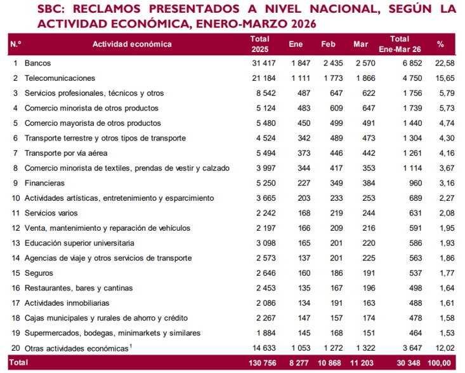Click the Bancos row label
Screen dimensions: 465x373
click(37, 64)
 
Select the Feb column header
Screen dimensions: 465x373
click(328, 44)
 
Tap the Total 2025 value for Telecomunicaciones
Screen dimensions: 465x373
click(264, 78)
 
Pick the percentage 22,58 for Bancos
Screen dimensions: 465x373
click(445, 64)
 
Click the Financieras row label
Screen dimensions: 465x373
click(44, 183)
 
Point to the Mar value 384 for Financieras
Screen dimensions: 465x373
click(369, 183)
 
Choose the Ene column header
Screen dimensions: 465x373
click(296, 44)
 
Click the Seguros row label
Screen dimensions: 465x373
click(39, 273)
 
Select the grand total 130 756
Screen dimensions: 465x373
click(263, 363)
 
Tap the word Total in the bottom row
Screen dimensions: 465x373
click(18, 363)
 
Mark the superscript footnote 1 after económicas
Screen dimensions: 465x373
click(131, 346)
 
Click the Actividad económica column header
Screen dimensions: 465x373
click(132, 44)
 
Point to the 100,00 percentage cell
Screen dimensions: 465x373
click(439, 363)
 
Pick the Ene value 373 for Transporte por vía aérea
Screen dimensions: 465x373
click(304, 153)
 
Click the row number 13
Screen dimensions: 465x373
click(16, 243)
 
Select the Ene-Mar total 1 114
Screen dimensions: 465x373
click(412, 168)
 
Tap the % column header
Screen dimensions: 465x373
click(440, 44)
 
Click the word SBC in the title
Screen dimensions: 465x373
click(51, 9)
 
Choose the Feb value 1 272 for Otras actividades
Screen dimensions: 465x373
click(333, 348)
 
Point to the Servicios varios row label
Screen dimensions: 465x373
click(51, 213)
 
